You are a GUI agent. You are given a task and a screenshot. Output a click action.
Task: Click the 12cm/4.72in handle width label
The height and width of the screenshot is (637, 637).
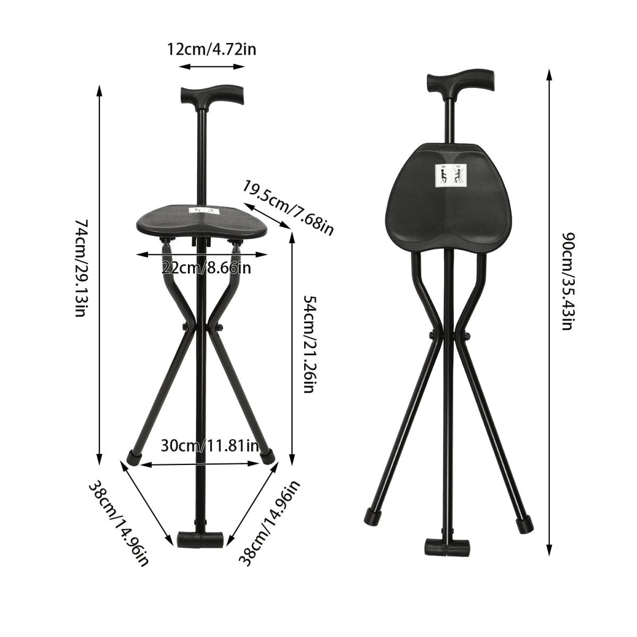212,49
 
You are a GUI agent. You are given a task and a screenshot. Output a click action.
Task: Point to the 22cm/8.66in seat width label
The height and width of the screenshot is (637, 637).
206,268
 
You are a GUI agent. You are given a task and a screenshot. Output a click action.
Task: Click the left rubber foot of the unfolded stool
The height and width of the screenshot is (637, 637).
134,457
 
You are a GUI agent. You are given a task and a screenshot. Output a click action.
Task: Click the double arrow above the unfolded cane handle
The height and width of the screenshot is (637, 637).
212,67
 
